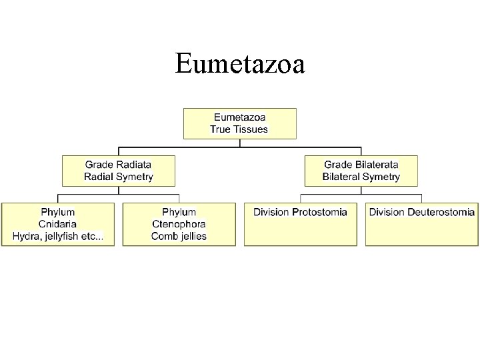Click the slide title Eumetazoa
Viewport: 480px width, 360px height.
coord(240,65)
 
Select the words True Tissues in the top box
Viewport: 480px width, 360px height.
coord(239,129)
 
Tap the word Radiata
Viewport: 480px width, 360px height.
coord(135,164)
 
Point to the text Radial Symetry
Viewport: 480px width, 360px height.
coord(119,177)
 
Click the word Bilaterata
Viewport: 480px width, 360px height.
coord(375,164)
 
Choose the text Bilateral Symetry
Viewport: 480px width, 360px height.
coord(361,177)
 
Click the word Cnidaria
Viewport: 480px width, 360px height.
coord(58,224)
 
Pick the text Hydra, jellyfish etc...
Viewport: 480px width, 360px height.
coord(58,236)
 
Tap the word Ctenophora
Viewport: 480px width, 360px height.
coord(179,224)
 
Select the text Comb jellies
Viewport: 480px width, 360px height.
coord(179,236)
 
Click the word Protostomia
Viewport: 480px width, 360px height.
coord(318,212)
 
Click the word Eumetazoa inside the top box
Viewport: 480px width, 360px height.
coord(239,117)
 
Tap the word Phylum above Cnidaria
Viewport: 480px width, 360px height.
coord(58,212)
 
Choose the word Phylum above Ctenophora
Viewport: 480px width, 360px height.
coord(179,212)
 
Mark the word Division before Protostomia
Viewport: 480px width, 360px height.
coord(271,212)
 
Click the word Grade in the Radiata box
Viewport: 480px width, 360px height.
coord(99,164)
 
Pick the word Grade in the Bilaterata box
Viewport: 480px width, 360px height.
coord(338,164)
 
